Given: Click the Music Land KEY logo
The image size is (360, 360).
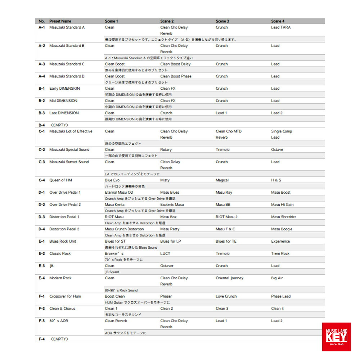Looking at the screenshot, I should (x=336, y=337).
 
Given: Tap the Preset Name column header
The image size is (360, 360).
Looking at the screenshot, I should (x=60, y=21).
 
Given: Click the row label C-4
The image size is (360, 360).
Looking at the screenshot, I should (x=42, y=180).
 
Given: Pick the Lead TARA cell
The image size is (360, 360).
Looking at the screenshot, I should (x=281, y=27).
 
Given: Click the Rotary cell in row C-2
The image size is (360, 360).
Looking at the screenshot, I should (x=166, y=150).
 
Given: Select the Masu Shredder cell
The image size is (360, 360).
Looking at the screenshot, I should (x=284, y=217).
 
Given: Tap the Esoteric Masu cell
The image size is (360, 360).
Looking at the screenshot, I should (x=172, y=204).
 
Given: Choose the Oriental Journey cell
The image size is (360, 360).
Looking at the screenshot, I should (x=229, y=278).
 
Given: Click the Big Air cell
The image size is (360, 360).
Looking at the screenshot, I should (x=277, y=278).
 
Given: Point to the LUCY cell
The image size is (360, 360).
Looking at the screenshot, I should (x=165, y=253).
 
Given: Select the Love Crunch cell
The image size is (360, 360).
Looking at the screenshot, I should (x=226, y=296).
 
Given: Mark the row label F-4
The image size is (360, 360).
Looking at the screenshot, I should (x=42, y=339).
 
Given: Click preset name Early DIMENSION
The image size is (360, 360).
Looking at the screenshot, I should (x=65, y=89).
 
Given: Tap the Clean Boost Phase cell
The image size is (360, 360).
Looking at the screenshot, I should (x=176, y=76).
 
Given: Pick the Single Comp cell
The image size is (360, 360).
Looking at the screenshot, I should (x=282, y=131).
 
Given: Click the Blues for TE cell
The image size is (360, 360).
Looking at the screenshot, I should (x=226, y=241).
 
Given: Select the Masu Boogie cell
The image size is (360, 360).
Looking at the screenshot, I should (x=282, y=229).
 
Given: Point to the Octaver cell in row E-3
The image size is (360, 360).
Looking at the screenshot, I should (x=167, y=266).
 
